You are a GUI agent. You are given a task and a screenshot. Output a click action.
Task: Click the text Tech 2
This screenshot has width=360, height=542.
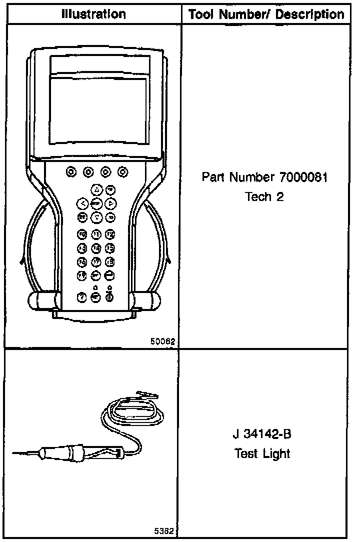coord(264,196)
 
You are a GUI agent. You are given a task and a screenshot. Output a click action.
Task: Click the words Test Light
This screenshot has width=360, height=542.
coord(264,453)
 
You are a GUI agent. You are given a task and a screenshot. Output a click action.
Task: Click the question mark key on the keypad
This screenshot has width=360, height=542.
coord(82,297)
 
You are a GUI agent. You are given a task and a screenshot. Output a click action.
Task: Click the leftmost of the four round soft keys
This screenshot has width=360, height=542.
coord(70,172)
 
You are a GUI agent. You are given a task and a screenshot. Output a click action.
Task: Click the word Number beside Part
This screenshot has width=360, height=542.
coord(254,177)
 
